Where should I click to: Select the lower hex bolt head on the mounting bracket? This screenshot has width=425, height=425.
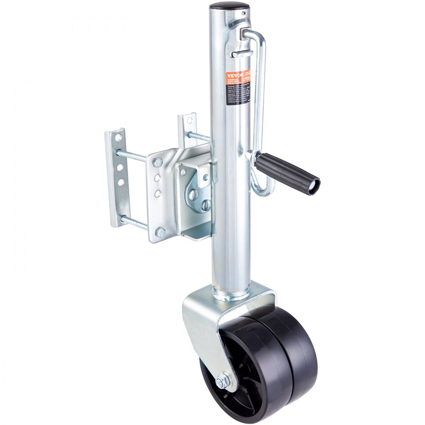[161, 232]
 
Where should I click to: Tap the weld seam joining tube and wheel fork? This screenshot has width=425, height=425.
[232, 293]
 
